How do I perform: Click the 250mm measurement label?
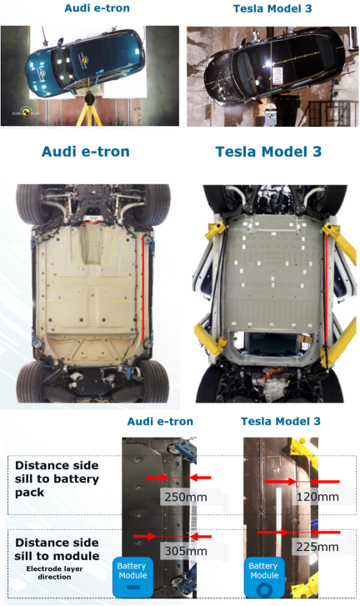[x=186, y=497]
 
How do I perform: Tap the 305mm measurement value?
[x=186, y=550]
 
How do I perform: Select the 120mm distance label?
[x=317, y=496]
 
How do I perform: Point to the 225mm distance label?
[x=317, y=547]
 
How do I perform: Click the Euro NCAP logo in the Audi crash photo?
[x=26, y=113]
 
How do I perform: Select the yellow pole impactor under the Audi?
[x=90, y=109]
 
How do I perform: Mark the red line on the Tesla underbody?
[x=326, y=289]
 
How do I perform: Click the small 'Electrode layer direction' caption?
[x=54, y=573]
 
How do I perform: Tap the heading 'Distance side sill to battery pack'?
[x=57, y=478]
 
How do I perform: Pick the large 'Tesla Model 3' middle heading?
[x=268, y=152]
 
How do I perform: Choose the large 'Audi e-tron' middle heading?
[x=86, y=152]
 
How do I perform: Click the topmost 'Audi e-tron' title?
[x=97, y=8]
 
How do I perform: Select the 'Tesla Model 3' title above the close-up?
[x=281, y=421]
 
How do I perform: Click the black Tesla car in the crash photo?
[x=275, y=66]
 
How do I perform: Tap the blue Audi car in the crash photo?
[x=85, y=61]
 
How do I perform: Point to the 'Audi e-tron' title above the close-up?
[x=160, y=421]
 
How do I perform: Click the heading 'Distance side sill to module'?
[x=57, y=549]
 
